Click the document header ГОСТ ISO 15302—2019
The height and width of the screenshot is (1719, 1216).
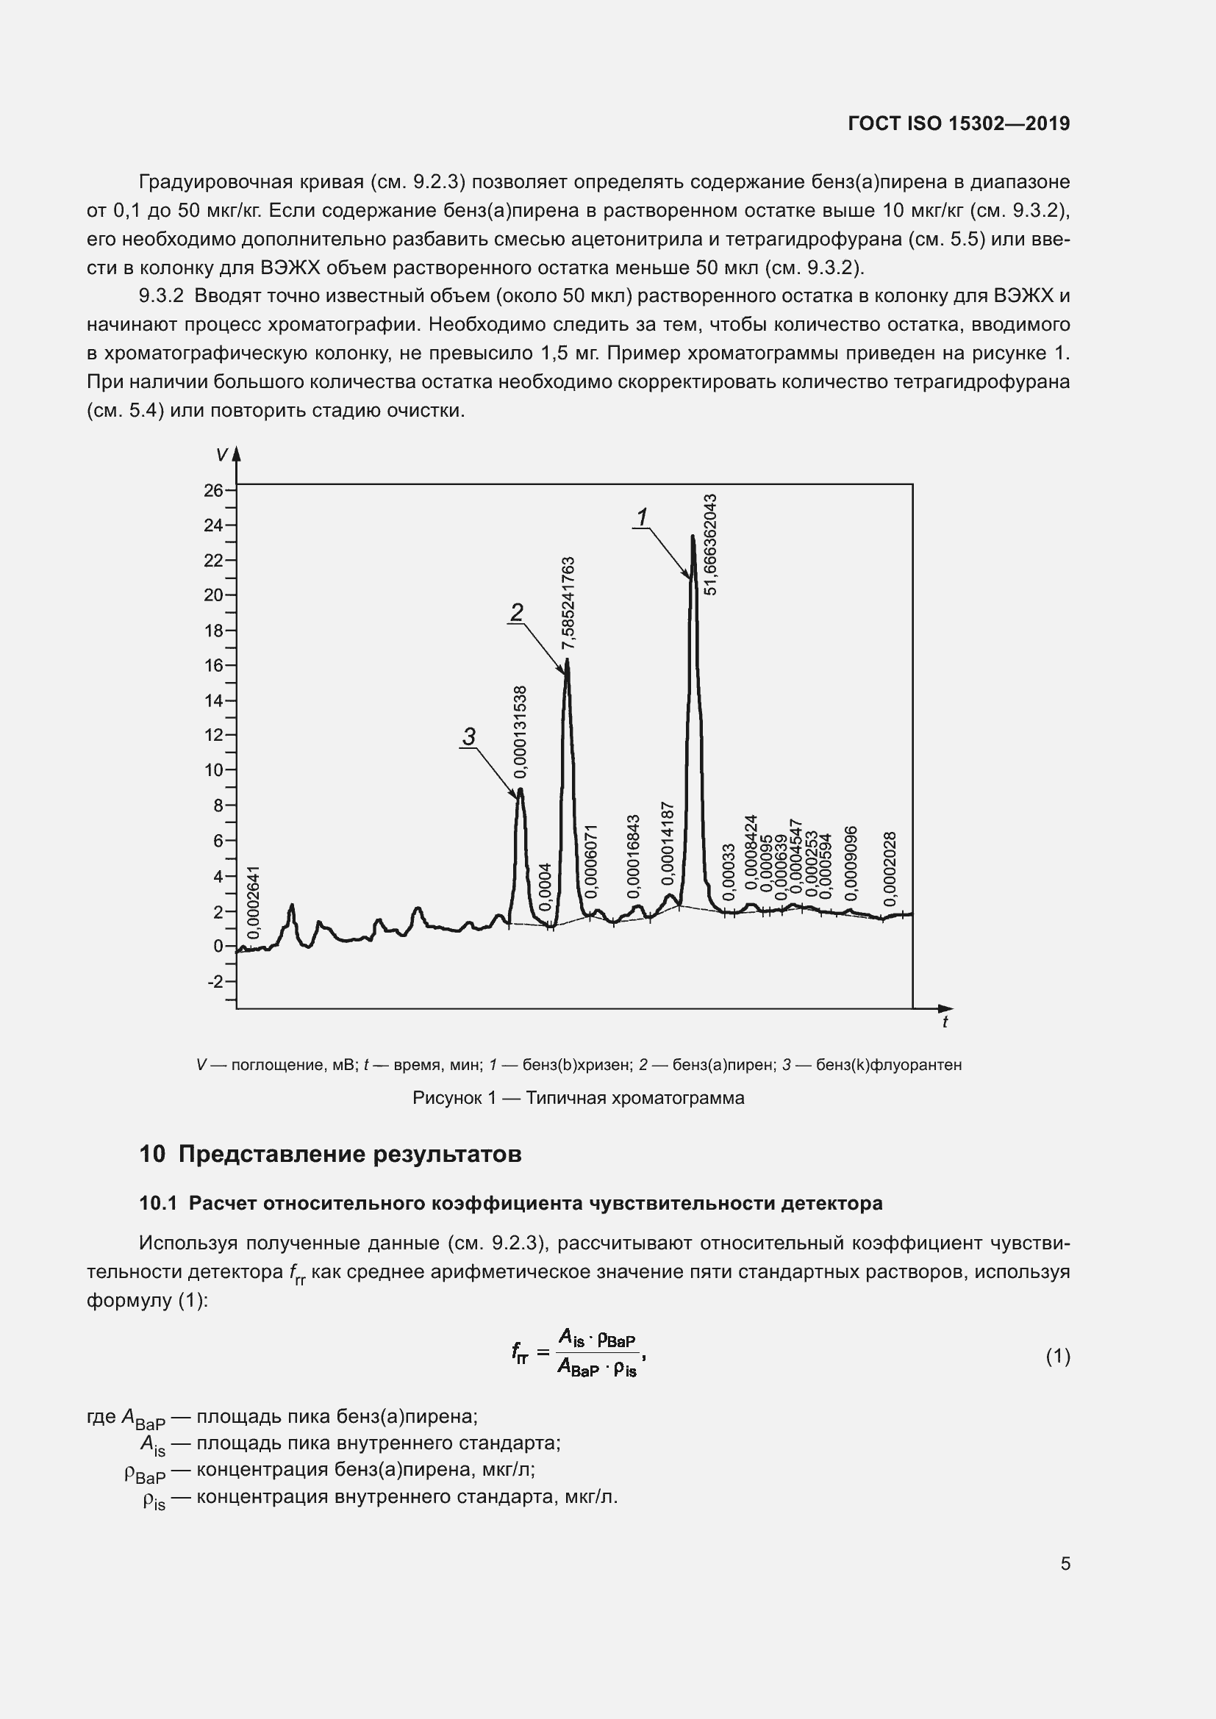(959, 123)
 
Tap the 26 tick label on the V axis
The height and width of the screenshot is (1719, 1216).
(213, 490)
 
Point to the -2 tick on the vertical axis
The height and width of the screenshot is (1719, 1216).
(215, 982)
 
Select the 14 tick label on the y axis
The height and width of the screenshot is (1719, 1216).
(213, 701)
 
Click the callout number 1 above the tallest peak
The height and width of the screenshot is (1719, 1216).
(642, 517)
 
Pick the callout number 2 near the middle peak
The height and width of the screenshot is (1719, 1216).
(517, 613)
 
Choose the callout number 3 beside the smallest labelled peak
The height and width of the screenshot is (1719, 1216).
(469, 737)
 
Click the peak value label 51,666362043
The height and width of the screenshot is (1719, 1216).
(712, 545)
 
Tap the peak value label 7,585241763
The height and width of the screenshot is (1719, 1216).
(568, 603)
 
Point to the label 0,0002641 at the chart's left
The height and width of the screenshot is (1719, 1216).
(254, 902)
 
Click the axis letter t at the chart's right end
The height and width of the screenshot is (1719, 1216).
(945, 1023)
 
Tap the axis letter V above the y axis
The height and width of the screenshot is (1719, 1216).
(221, 455)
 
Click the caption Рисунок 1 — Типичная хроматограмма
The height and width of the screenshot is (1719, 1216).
(578, 1098)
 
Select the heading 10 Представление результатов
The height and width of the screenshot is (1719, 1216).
(330, 1154)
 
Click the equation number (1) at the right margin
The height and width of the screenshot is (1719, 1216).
(1057, 1356)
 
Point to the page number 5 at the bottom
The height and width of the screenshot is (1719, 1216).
(1065, 1563)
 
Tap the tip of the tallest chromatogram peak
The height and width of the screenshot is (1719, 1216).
(693, 536)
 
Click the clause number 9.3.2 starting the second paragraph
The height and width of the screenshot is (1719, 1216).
(161, 296)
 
